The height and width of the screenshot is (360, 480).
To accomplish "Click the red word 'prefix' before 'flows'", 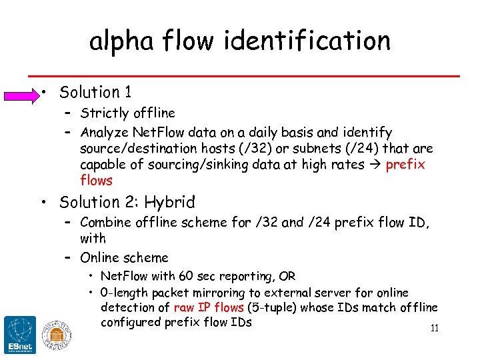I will (x=405, y=165).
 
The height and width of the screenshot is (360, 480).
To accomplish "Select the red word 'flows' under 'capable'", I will (x=97, y=181).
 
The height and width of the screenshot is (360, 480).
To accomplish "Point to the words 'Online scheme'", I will (x=124, y=257).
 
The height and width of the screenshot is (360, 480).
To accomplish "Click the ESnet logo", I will (x=20, y=335).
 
